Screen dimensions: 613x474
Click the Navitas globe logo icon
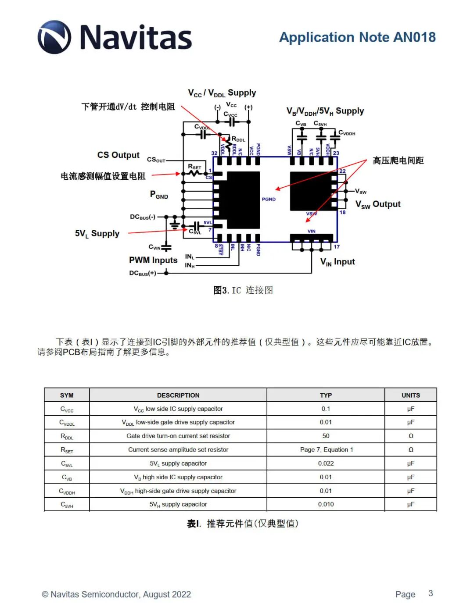pos(54,37)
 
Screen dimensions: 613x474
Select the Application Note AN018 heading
pos(357,37)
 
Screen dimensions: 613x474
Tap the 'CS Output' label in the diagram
pos(118,155)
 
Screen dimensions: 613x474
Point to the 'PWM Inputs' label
pos(153,260)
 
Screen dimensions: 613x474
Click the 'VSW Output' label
pos(378,204)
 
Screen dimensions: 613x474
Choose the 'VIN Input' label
pos(338,262)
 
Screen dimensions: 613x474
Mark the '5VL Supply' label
pos(97,233)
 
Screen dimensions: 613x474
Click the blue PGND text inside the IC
pos(269,199)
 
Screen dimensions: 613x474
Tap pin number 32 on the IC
pos(214,153)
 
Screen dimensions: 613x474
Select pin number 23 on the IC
pos(336,153)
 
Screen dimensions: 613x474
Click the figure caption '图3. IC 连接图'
pos(243,290)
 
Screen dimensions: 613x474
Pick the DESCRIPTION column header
pos(178,395)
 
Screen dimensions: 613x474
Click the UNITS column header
pos(410,395)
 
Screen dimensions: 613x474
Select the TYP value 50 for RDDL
pos(326,436)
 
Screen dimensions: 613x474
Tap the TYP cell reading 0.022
pos(326,463)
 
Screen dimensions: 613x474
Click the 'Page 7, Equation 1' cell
pos(326,449)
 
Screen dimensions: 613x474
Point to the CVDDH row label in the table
pos(67,491)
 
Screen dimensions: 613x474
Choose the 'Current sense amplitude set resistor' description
pos(178,449)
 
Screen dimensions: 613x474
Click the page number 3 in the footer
pos(431,593)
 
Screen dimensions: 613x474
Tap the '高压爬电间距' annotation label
pos(398,160)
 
